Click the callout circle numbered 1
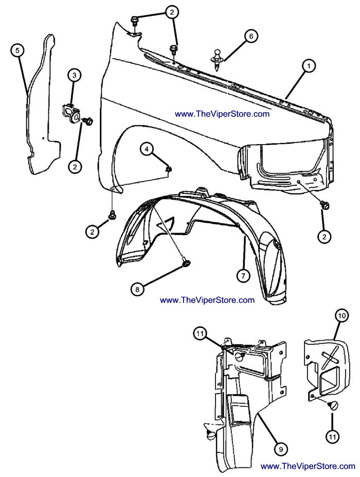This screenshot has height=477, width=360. pyautogui.click(x=309, y=66)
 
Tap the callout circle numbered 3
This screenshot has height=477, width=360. pyautogui.click(x=75, y=76)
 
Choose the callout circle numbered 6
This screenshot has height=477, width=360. pyautogui.click(x=251, y=36)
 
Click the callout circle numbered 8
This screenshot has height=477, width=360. pyautogui.click(x=137, y=289)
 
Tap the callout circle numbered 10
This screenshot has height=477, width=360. pyautogui.click(x=341, y=315)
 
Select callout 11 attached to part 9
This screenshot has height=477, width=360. pyautogui.click(x=200, y=333)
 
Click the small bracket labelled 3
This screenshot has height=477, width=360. pyautogui.click(x=69, y=112)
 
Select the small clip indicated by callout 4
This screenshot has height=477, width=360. pyautogui.click(x=168, y=168)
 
